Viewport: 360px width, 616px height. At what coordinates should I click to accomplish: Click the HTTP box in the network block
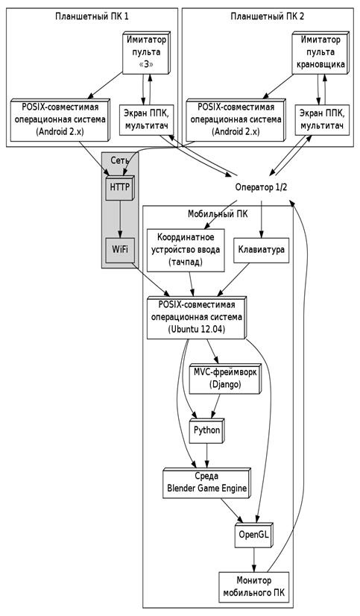[x=120, y=187]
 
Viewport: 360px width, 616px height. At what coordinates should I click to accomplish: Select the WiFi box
[x=120, y=250]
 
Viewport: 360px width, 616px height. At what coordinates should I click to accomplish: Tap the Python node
[x=207, y=430]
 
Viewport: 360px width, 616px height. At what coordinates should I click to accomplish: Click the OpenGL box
[x=254, y=535]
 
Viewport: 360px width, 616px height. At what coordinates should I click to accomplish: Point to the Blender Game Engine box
[x=207, y=483]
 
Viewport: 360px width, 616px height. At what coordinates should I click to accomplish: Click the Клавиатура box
[x=262, y=250]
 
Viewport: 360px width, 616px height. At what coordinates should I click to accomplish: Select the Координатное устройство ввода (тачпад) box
[x=186, y=250]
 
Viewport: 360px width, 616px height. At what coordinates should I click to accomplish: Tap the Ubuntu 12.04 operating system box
[x=197, y=318]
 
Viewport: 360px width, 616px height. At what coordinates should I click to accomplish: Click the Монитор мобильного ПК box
[x=254, y=586]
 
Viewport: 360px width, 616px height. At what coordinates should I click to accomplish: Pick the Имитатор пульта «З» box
[x=146, y=52]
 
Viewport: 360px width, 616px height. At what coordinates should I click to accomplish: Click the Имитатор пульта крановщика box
[x=320, y=52]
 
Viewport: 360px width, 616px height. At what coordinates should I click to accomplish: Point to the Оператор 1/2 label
[x=261, y=187]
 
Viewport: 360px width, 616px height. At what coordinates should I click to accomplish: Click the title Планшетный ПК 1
[x=92, y=16]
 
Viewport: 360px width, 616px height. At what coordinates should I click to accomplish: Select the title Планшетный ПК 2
[x=268, y=16]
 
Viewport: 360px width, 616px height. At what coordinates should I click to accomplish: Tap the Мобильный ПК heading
[x=218, y=214]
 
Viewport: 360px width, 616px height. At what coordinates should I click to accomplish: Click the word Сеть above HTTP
[x=120, y=160]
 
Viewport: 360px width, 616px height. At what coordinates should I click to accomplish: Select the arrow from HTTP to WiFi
[x=120, y=219]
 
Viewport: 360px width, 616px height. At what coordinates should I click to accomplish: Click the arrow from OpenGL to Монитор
[x=254, y=560]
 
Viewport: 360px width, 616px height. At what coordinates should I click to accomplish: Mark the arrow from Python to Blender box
[x=207, y=456]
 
